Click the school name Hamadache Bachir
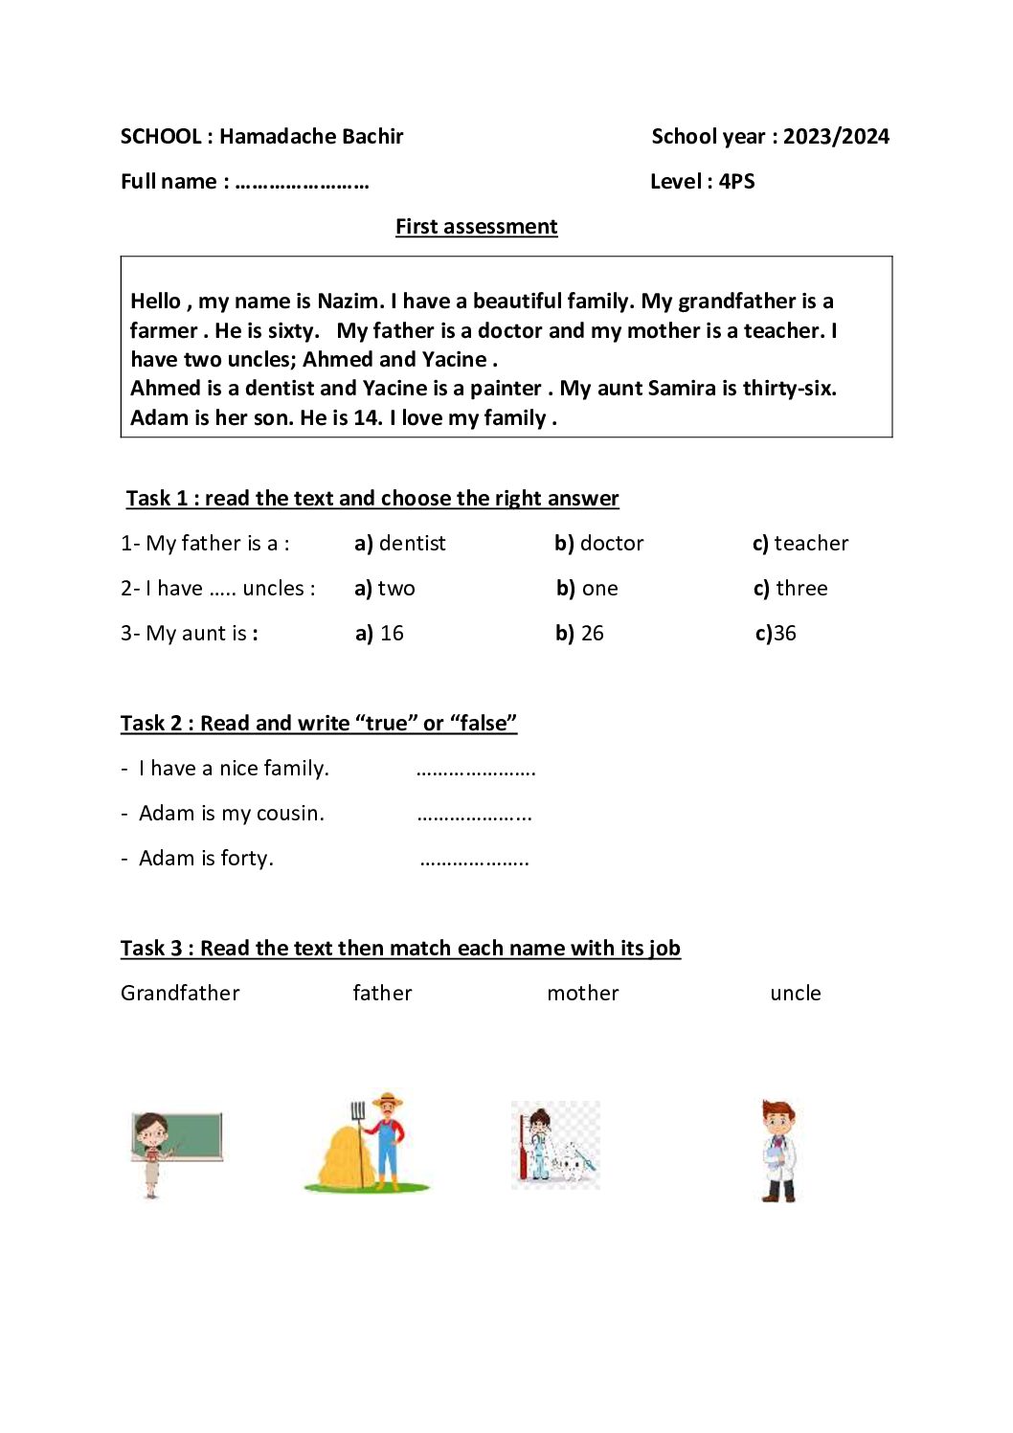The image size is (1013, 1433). coord(311,136)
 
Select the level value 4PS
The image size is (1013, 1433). coord(736,181)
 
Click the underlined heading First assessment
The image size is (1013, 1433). coord(476,226)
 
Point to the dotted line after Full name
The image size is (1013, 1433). coord(302,183)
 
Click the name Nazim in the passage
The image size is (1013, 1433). coord(349,301)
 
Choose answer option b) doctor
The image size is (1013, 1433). coord(599,543)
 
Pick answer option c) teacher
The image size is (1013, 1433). coord(800,543)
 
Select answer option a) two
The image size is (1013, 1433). coord(385,588)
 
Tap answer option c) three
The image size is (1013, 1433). coord(790,588)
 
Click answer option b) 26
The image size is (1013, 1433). coord(579,633)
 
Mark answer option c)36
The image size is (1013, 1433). coord(776,633)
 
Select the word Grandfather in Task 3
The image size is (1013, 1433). coord(180,993)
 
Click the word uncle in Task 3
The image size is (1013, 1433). coord(795,993)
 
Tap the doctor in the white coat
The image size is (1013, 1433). coord(778,1151)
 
